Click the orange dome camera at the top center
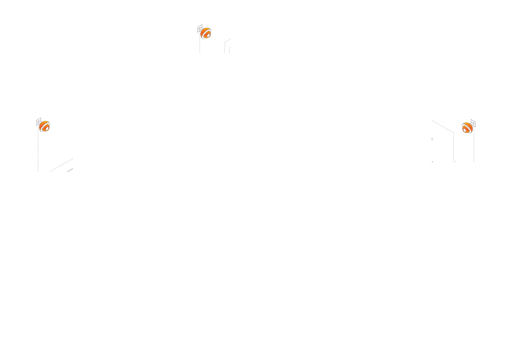pyautogui.click(x=205, y=33)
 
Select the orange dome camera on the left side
pyautogui.click(x=44, y=127)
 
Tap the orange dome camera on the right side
pyautogui.click(x=468, y=128)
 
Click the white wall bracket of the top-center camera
pyautogui.click(x=200, y=30)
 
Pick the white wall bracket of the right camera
pyautogui.click(x=473, y=122)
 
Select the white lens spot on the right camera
pyautogui.click(x=465, y=130)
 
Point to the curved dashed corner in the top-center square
pyautogui.click(x=226, y=42)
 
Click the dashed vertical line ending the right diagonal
pyautogui.click(x=454, y=146)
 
